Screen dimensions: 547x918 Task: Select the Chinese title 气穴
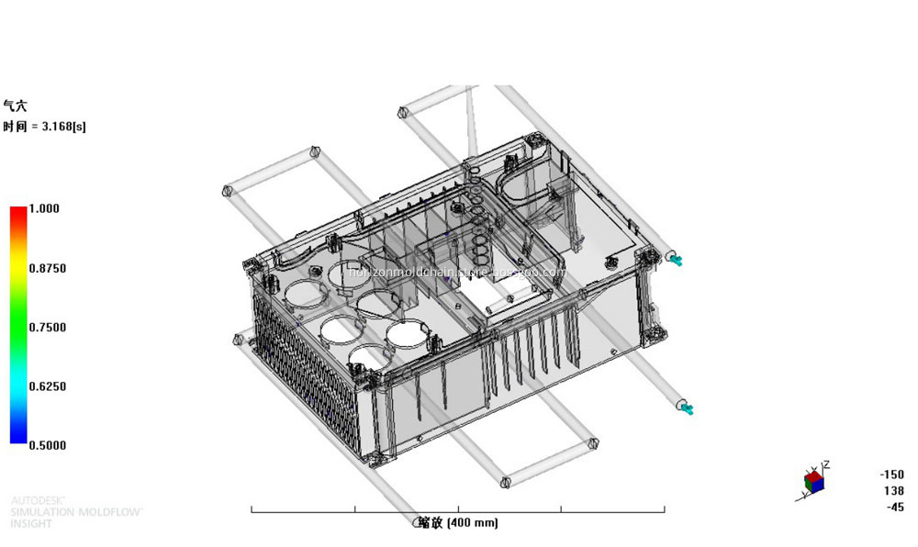(x=16, y=106)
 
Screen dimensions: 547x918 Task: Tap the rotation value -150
(x=890, y=474)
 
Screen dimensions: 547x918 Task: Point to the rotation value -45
(x=894, y=508)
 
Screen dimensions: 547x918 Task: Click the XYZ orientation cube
(x=813, y=481)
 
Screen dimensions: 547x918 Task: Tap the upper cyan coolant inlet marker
(x=677, y=261)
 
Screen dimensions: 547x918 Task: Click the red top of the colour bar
(x=18, y=213)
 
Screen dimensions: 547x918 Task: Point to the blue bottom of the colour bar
(x=18, y=439)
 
